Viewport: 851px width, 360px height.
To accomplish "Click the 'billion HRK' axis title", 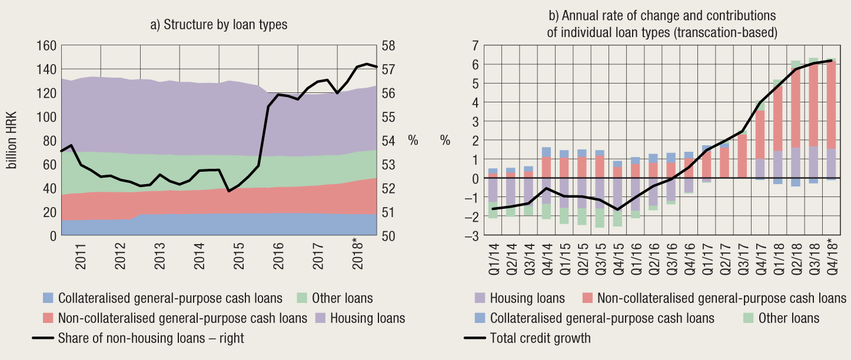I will click(12, 140).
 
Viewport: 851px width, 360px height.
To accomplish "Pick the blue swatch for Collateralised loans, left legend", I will click(48, 298).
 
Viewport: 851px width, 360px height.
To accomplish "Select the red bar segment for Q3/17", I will click(741, 156).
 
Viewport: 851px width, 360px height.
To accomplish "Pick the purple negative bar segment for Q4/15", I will click(617, 194).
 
